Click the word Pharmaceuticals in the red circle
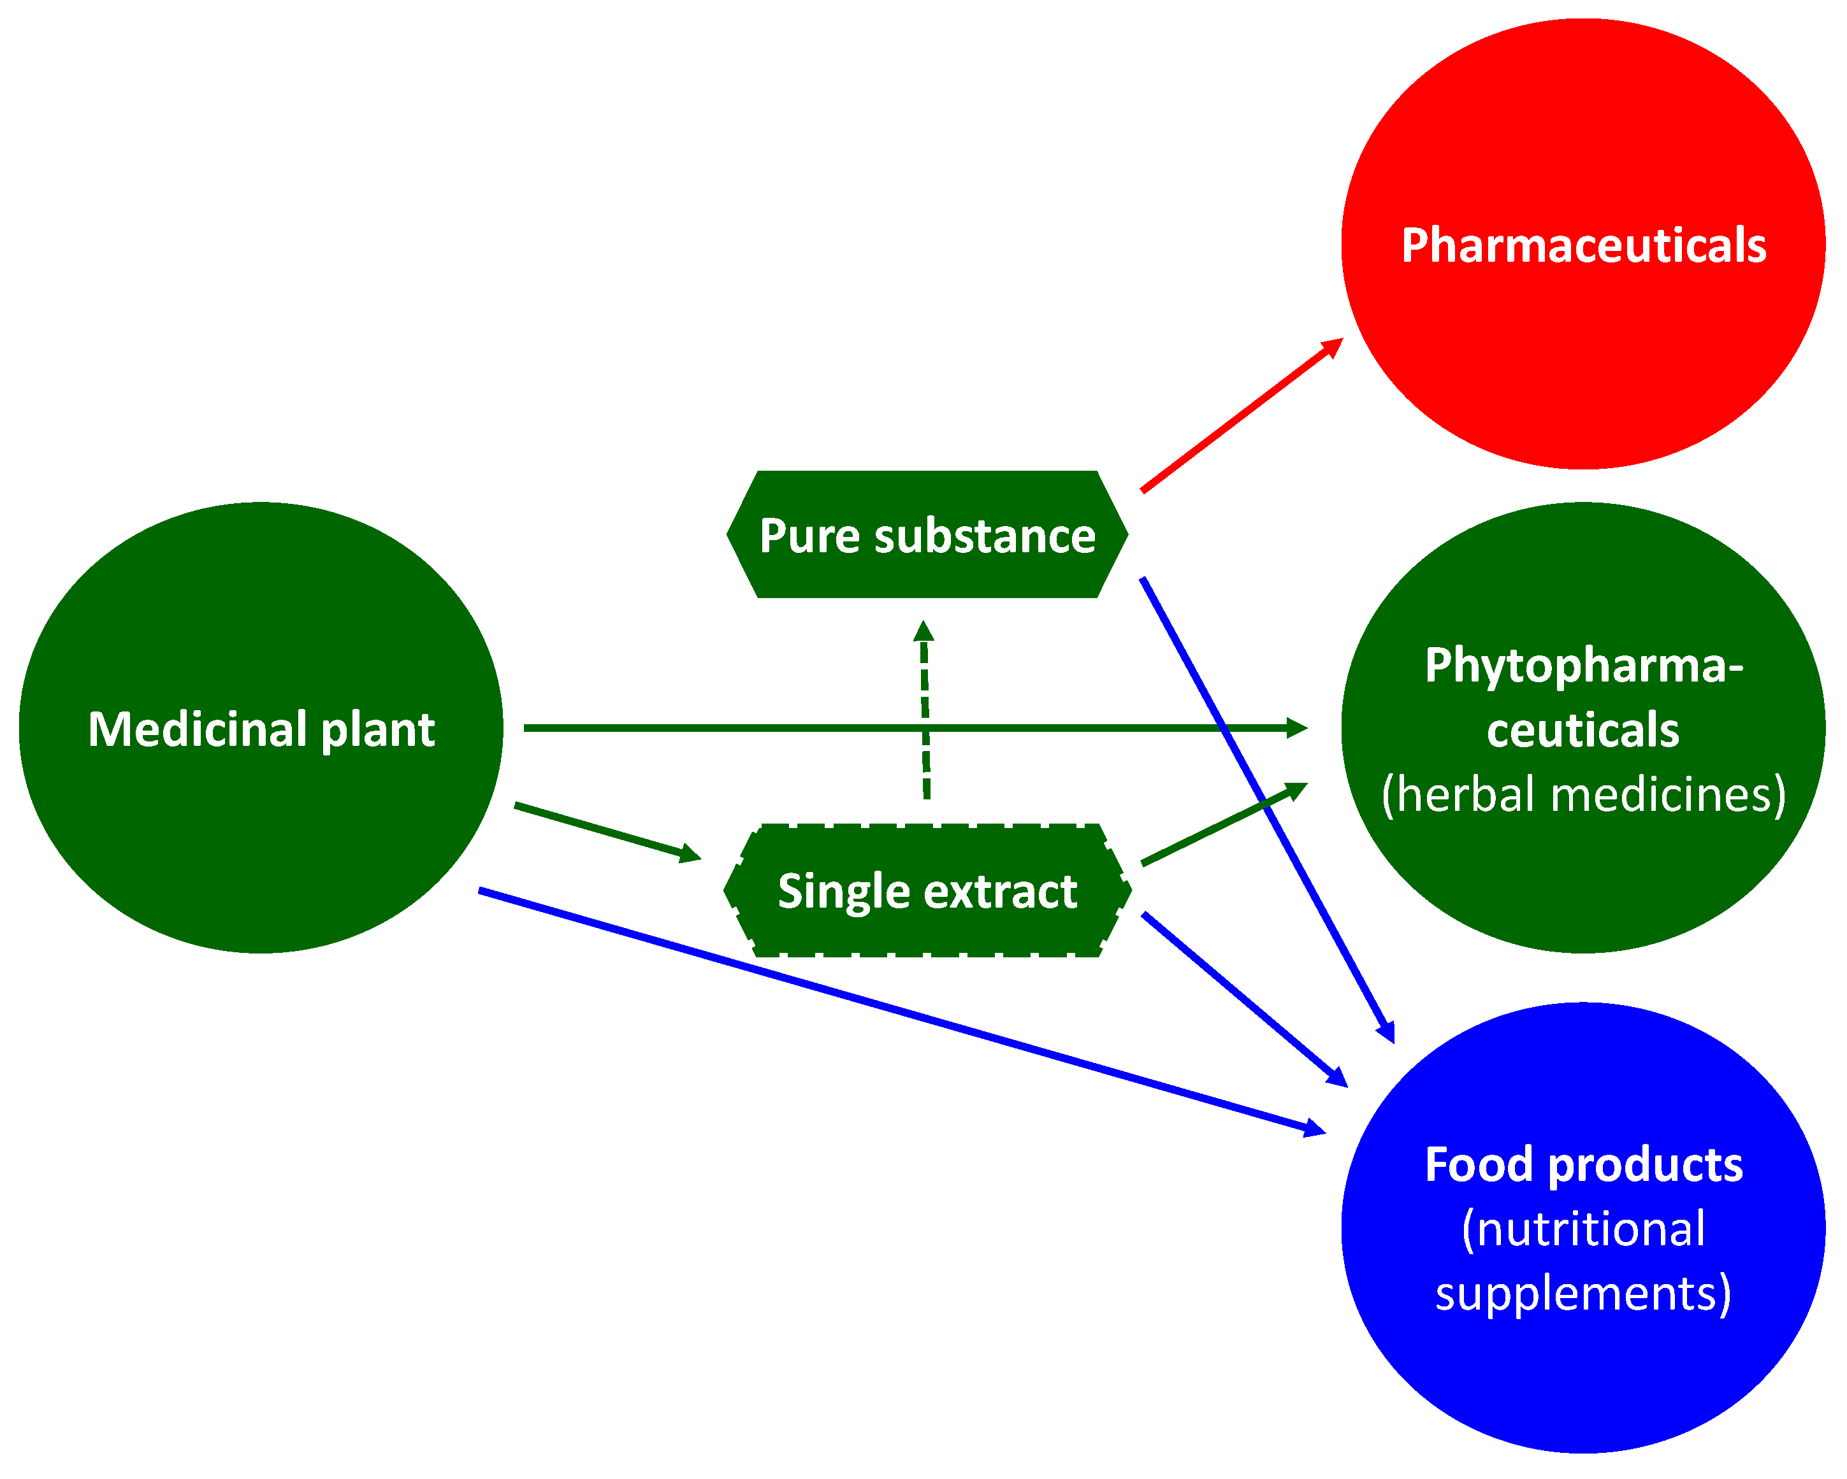tap(1583, 246)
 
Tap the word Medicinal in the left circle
tap(197, 730)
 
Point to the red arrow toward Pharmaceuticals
tap(1242, 416)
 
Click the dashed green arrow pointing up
tap(925, 711)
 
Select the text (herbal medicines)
tap(1583, 795)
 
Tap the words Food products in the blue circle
tap(1583, 1165)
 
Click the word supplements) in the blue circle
tap(1583, 1293)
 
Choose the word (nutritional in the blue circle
tap(1583, 1229)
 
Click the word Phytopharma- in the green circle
tap(1583, 666)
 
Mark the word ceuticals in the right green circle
tap(1583, 731)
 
